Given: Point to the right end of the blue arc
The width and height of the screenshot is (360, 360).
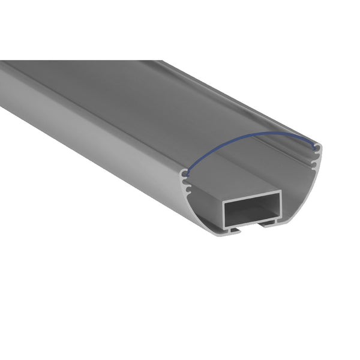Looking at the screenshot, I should (x=316, y=145).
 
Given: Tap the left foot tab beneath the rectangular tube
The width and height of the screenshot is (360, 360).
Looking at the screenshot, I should (x=234, y=230).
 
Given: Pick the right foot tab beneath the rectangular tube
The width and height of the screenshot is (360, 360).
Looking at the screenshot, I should (x=268, y=224).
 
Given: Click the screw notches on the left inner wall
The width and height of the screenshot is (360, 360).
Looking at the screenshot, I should (x=187, y=187).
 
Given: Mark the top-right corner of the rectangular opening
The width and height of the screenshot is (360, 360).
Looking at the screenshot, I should (x=278, y=197).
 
